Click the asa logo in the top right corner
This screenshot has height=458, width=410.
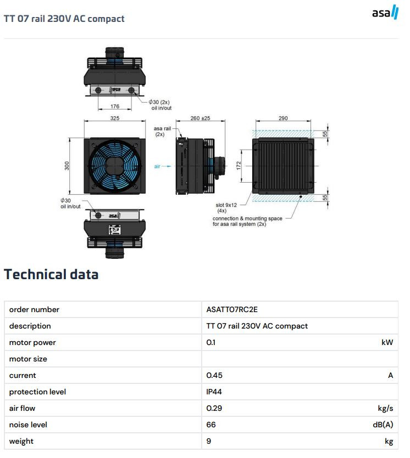pos(385,12)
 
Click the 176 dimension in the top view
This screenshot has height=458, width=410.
pos(115,106)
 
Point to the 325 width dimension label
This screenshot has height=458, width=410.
pos(115,118)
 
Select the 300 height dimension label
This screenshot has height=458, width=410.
pos(67,166)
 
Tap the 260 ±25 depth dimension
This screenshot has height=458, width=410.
pos(200,118)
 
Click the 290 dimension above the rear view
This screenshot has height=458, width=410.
pos(283,118)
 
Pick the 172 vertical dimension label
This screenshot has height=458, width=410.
pos(239,166)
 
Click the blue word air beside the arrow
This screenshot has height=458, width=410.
pos(157,166)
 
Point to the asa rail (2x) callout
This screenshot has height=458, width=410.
pos(162,132)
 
